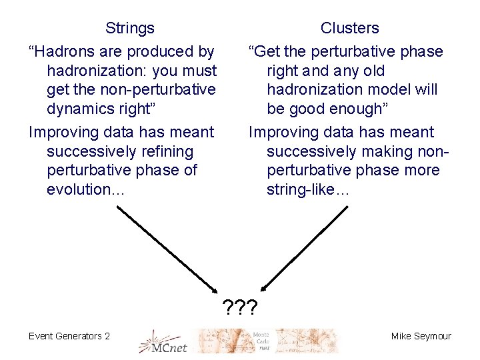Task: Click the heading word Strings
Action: [x=130, y=28]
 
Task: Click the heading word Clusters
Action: [x=349, y=28]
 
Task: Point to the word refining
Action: [x=167, y=151]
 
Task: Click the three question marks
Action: [x=241, y=307]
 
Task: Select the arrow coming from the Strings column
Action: [x=169, y=249]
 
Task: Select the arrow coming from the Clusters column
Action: [x=305, y=247]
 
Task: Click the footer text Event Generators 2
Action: [x=69, y=336]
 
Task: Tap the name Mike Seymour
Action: [x=421, y=336]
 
